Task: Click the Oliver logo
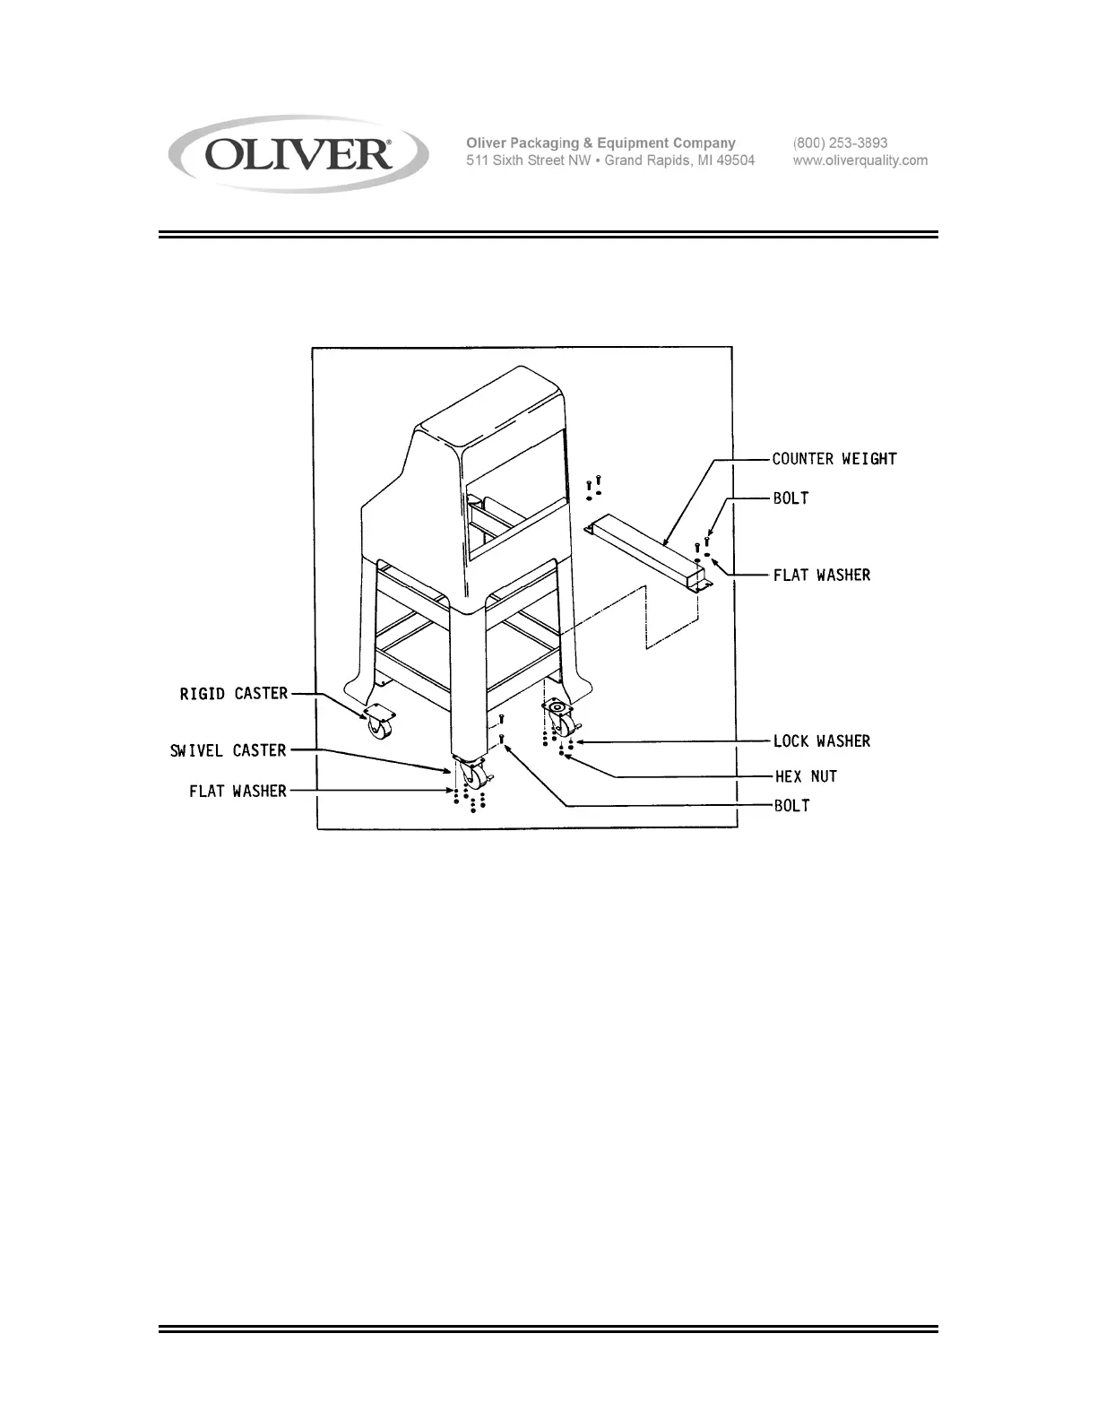(x=298, y=154)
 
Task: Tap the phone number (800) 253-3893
(x=840, y=143)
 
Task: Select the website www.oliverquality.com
(x=859, y=160)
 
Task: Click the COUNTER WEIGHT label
(x=834, y=459)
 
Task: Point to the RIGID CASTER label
(x=234, y=694)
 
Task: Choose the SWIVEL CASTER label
(x=228, y=750)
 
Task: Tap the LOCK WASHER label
(x=821, y=741)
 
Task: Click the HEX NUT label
(x=806, y=776)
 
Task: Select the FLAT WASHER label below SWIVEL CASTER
(x=238, y=791)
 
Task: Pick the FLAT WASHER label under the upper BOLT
(x=821, y=575)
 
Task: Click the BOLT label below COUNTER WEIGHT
(x=790, y=498)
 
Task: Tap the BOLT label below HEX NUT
(x=791, y=806)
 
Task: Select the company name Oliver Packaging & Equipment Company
(x=600, y=143)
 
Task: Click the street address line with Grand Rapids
(x=609, y=160)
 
